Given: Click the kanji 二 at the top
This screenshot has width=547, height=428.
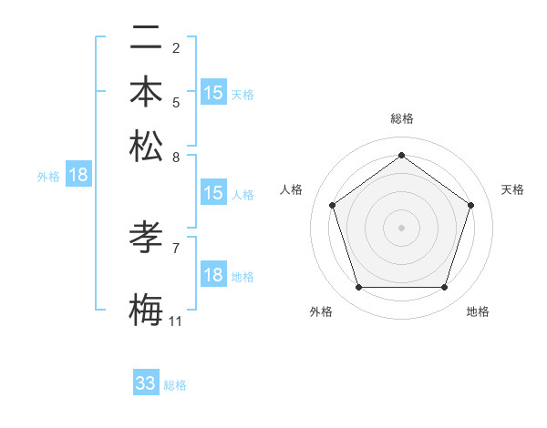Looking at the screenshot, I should [146, 38].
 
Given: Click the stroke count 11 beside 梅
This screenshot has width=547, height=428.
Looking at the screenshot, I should [175, 321].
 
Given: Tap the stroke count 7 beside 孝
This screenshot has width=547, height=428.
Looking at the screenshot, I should [175, 248].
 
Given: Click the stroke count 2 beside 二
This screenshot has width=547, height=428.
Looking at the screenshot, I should [175, 47].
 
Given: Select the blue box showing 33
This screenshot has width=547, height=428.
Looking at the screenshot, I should [146, 383].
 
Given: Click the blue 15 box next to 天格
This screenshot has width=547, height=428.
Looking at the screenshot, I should [213, 93].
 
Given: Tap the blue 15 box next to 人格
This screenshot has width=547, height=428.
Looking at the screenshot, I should [213, 193].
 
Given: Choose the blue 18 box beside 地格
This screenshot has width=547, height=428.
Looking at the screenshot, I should [213, 276].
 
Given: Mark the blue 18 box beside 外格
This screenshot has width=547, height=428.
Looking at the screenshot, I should [78, 176].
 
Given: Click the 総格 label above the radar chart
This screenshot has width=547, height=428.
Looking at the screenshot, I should [401, 118].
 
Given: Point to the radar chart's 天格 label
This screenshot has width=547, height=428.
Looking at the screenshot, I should [512, 189].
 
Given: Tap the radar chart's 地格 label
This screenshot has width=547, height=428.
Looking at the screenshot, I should [478, 311].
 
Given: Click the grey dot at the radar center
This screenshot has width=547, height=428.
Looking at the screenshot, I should [401, 227].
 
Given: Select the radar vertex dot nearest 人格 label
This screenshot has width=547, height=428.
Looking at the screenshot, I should [332, 205].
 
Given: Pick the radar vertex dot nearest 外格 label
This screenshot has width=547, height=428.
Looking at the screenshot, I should [358, 288].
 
